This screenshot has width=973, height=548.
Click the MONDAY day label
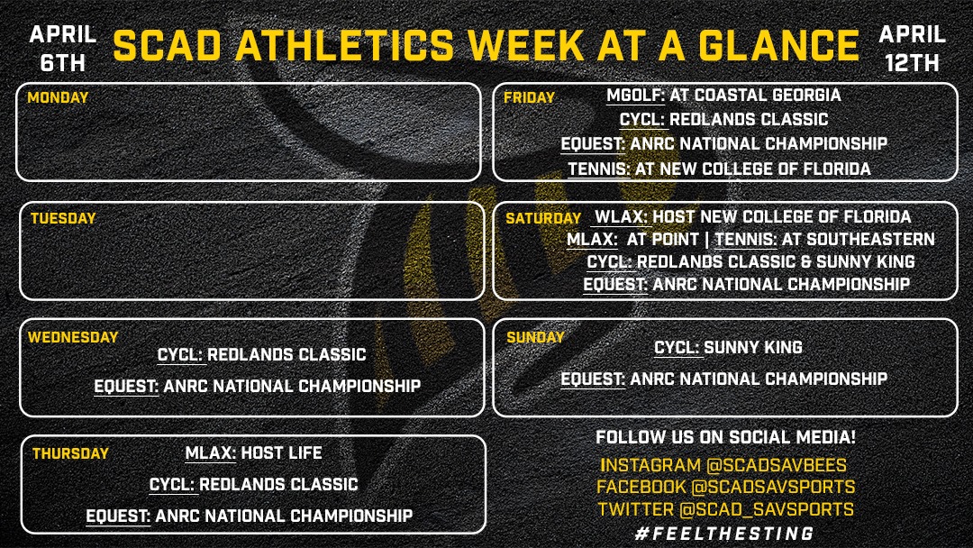58,97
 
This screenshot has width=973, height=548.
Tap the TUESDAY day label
62,218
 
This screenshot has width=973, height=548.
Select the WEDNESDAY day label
72,337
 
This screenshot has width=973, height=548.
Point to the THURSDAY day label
70,453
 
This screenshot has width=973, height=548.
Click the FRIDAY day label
529,97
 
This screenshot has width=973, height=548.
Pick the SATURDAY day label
542,218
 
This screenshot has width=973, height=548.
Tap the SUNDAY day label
535,337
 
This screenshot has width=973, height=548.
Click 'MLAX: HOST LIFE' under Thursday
252,452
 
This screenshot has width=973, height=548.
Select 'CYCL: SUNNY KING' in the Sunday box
728,347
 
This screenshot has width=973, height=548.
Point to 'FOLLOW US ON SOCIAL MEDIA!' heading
725,438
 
